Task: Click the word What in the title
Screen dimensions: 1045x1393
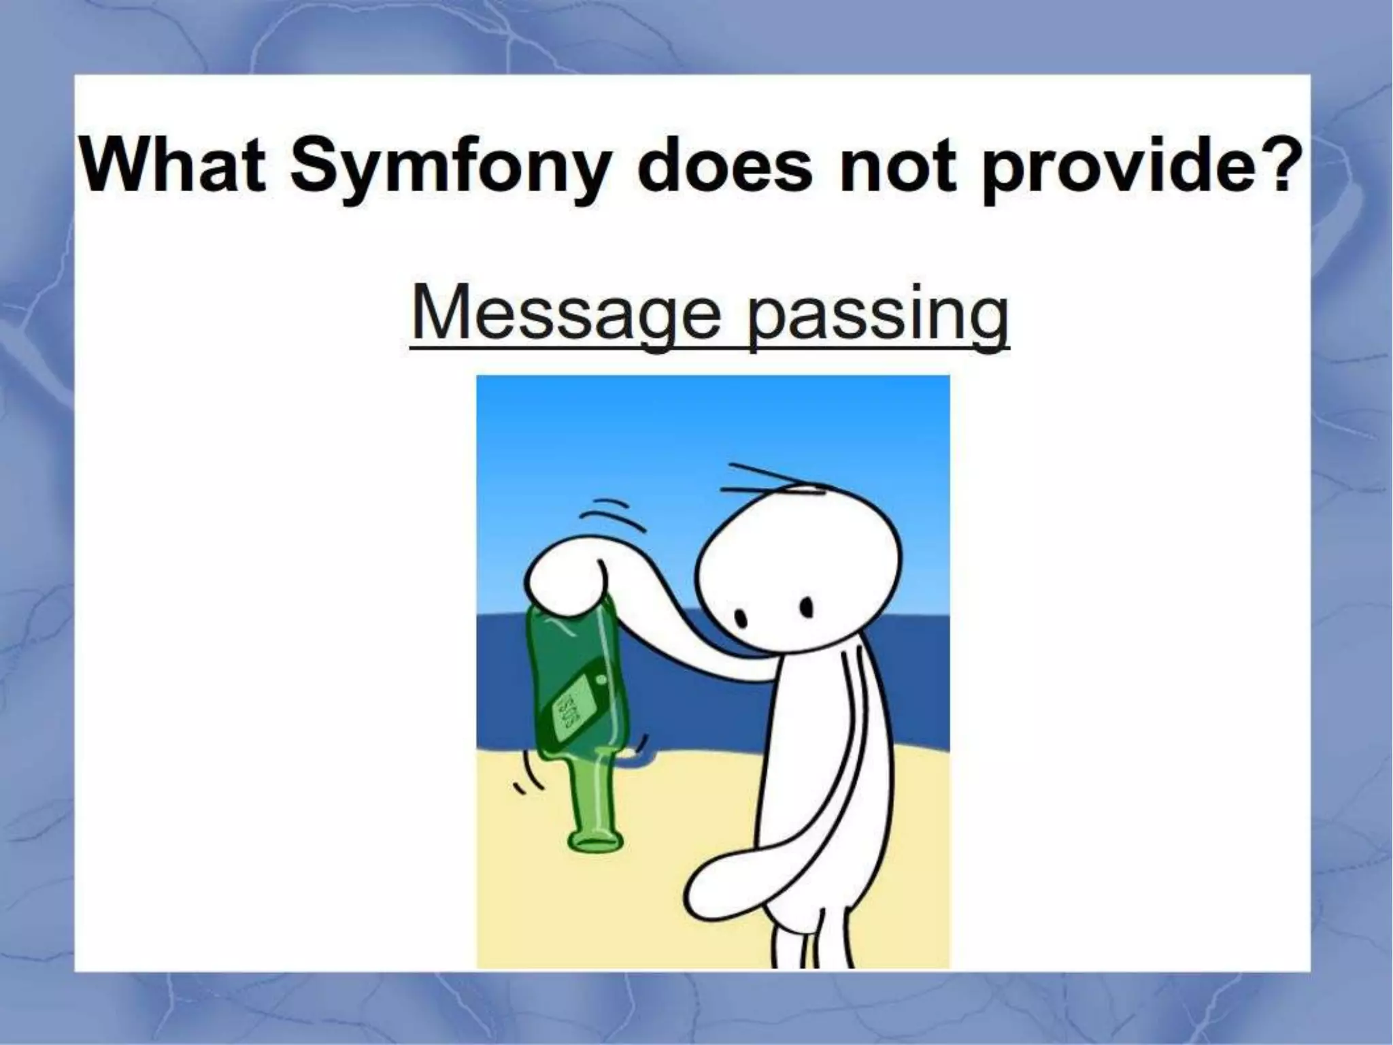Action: tap(173, 166)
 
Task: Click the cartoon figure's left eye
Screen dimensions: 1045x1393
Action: tap(743, 618)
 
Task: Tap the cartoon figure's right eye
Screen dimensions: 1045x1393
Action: tap(807, 605)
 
